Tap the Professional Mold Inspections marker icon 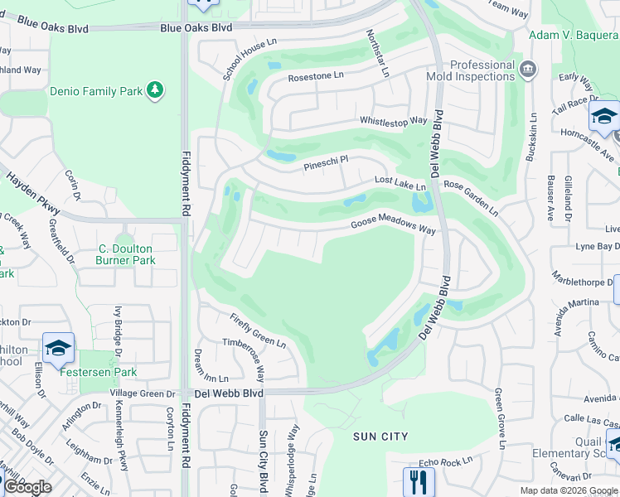pyautogui.click(x=528, y=67)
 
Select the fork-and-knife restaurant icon pyautogui.click(x=418, y=481)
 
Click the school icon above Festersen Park pyautogui.click(x=58, y=349)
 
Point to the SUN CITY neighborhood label pyautogui.click(x=380, y=437)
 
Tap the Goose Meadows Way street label pyautogui.click(x=393, y=224)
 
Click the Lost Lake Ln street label pyautogui.click(x=400, y=181)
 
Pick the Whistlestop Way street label pyautogui.click(x=393, y=121)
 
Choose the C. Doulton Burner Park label pyautogui.click(x=127, y=254)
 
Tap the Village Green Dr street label pyautogui.click(x=143, y=394)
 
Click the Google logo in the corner pyautogui.click(x=27, y=487)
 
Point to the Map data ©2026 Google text pyautogui.click(x=568, y=490)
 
